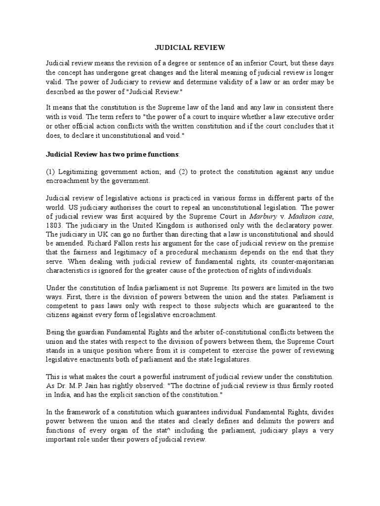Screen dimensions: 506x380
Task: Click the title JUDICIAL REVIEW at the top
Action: [190, 47]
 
